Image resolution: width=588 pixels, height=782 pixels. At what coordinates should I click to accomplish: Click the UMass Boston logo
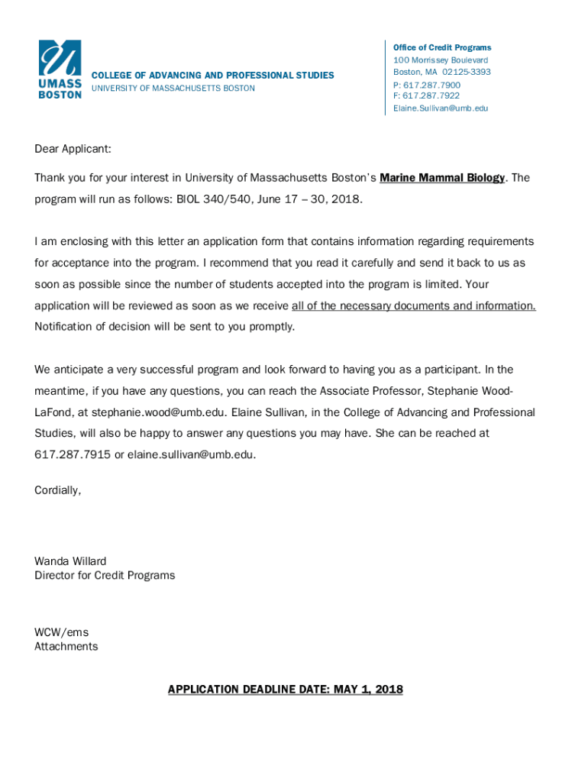(60, 69)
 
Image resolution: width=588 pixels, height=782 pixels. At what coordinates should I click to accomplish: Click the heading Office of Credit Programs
(442, 47)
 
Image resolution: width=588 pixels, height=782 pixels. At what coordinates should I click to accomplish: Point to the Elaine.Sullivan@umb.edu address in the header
(441, 108)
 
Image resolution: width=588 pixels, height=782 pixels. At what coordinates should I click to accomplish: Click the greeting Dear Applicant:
(73, 149)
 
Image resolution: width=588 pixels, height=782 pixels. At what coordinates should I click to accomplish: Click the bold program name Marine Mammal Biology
(442, 178)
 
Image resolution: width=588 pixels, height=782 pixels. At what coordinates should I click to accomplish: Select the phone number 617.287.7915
(73, 454)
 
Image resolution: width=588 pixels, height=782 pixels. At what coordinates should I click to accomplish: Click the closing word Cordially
(57, 490)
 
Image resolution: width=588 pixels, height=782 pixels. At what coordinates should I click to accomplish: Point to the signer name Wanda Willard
(70, 561)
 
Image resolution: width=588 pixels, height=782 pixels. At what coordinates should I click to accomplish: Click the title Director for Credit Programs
(105, 575)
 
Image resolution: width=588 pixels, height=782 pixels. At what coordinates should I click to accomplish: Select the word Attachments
(66, 646)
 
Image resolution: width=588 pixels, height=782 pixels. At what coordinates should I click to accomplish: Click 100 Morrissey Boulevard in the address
(441, 60)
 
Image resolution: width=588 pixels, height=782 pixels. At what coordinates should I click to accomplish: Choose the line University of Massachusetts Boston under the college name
(173, 89)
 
